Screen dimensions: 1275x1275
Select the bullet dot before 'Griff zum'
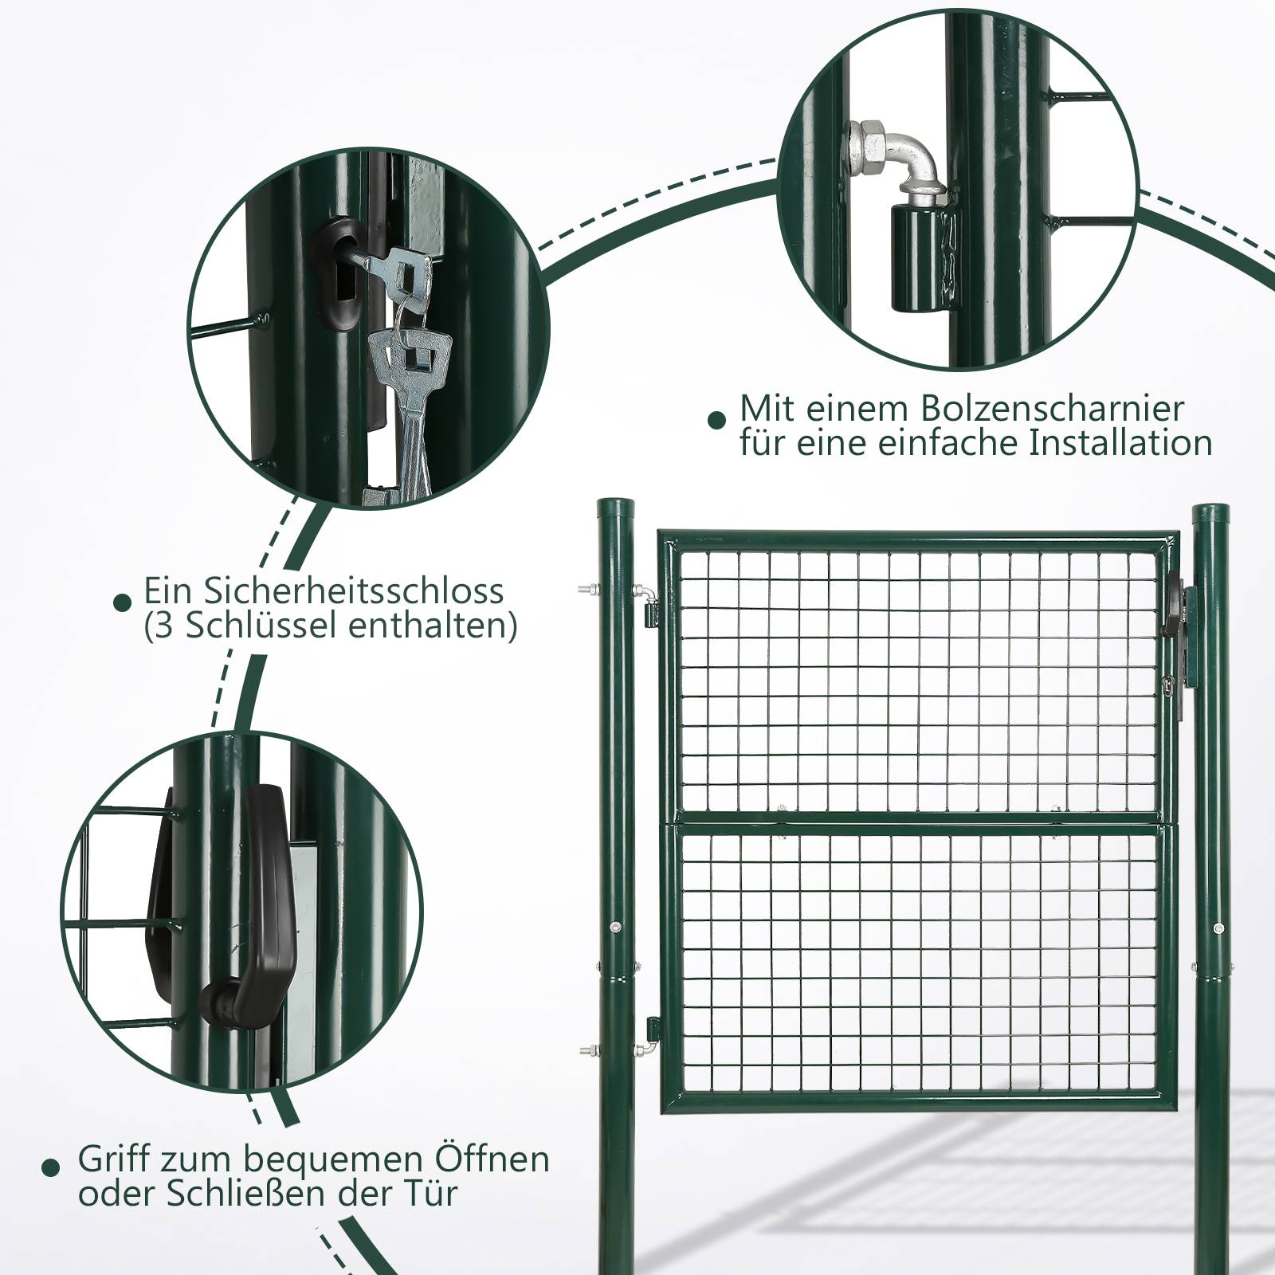pos(51,1169)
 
